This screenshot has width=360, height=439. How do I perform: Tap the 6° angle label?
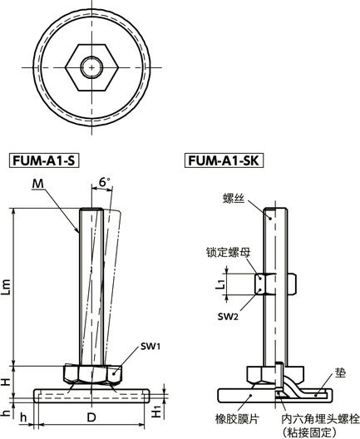(x=103, y=182)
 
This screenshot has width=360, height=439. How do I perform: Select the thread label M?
(x=38, y=184)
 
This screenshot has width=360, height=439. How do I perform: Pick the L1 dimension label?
(x=221, y=284)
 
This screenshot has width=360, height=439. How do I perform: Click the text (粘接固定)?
(x=311, y=432)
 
